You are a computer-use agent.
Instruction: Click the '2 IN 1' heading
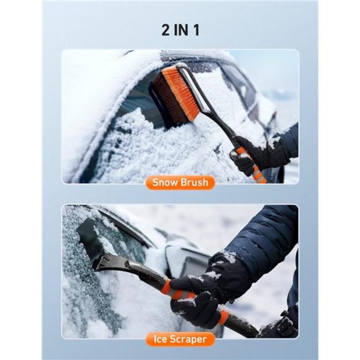tap(180, 29)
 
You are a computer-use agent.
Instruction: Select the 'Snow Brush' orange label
tap(180, 182)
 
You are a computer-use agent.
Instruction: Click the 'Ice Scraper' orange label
tap(180, 339)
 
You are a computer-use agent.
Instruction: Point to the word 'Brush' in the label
tap(196, 182)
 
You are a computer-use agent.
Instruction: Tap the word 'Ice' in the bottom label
tap(160, 339)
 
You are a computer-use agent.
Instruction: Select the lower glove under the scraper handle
tap(199, 310)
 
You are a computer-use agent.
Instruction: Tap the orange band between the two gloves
tap(222, 317)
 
